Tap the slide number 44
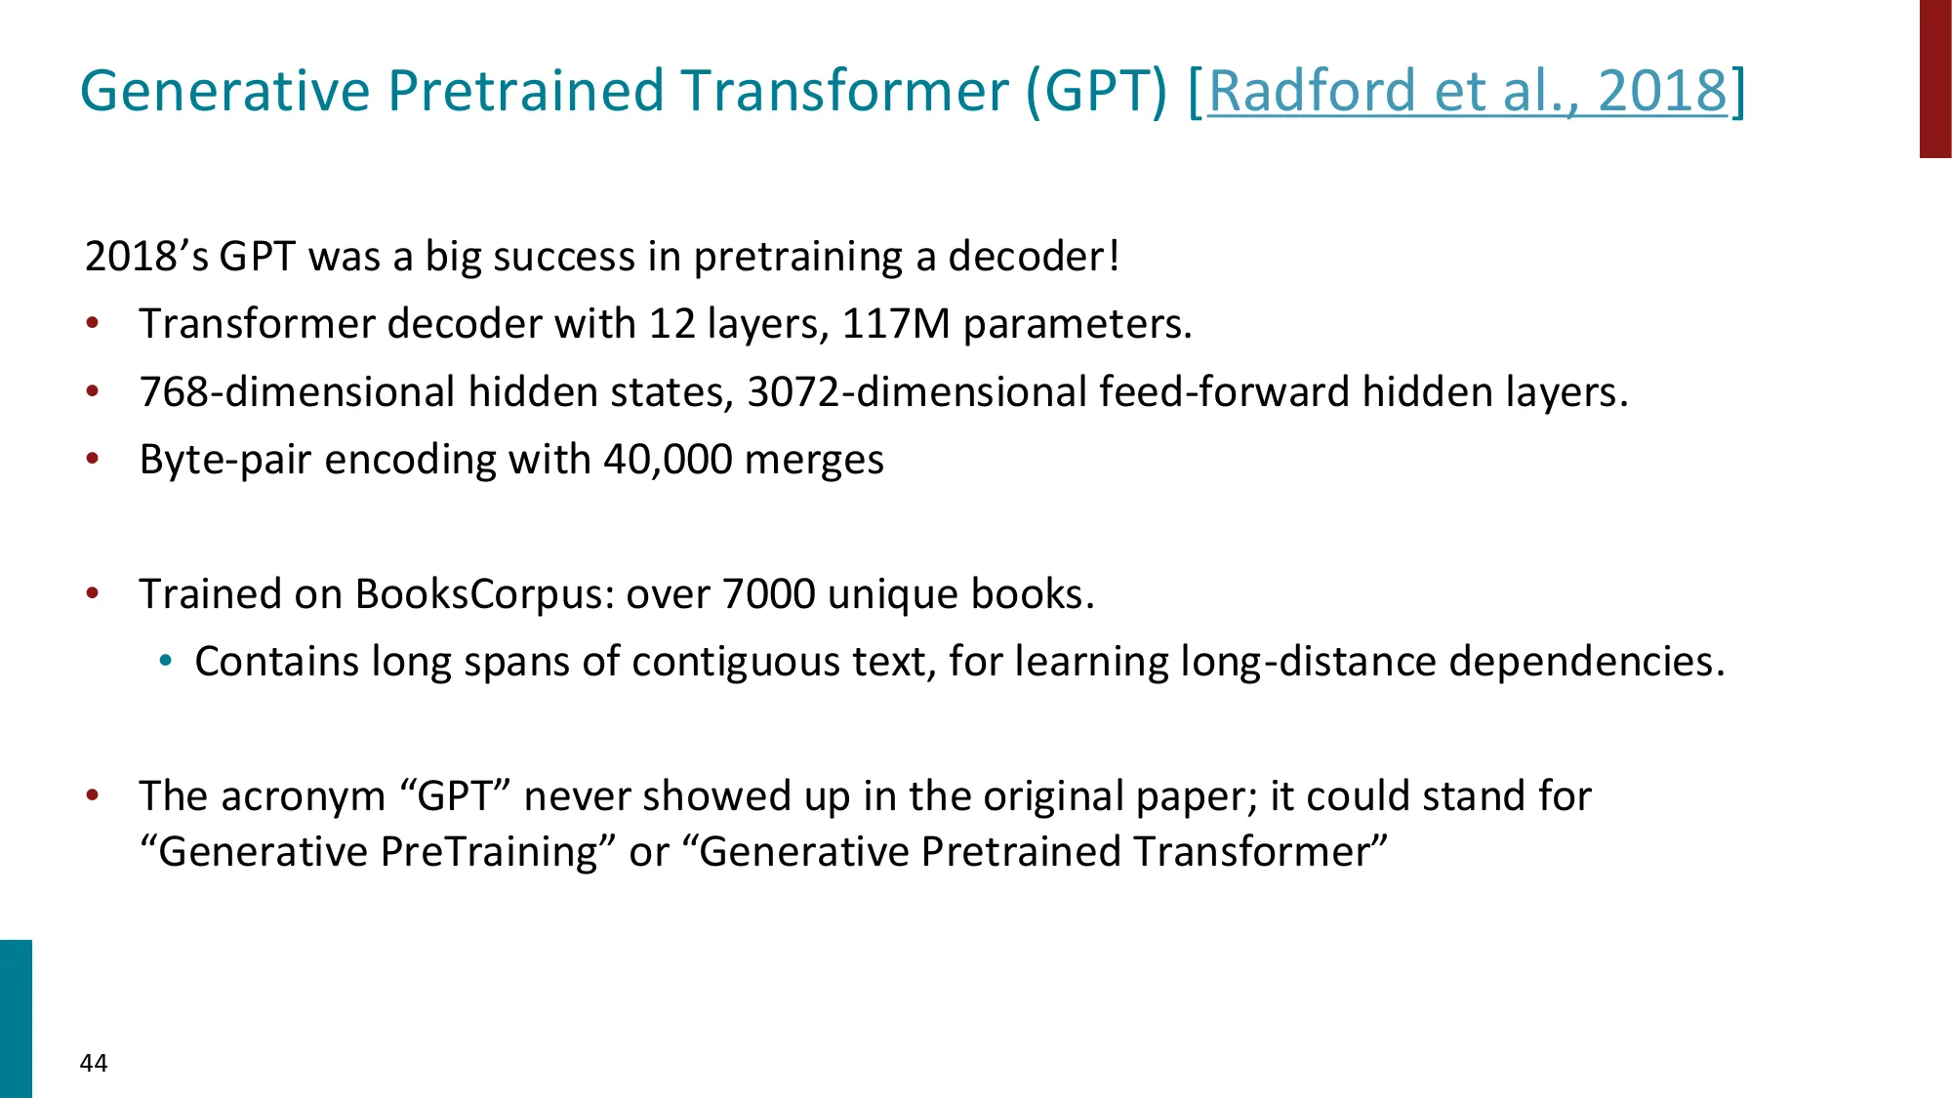coord(94,1063)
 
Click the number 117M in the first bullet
coord(896,323)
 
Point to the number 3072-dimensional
coord(916,391)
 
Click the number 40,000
coord(668,459)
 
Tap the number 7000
coord(769,593)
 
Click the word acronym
coord(304,796)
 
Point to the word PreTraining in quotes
coord(488,852)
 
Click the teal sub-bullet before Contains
coord(166,662)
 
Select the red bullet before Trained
coord(93,593)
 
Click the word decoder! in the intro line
coord(1034,256)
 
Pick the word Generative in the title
coord(225,91)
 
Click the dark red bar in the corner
coord(1935,79)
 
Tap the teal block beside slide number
coord(16,1019)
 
